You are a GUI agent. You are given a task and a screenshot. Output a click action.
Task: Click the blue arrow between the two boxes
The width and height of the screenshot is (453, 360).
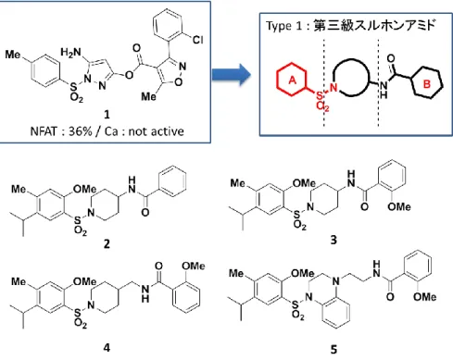click(x=232, y=74)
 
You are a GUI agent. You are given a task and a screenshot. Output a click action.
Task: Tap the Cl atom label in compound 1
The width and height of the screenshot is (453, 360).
click(x=197, y=40)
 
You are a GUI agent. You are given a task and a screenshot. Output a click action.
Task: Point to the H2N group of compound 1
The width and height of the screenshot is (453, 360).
click(x=70, y=53)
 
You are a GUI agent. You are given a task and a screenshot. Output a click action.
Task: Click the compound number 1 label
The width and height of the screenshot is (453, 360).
click(x=107, y=115)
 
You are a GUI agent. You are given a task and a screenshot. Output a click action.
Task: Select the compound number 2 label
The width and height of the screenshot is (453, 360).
click(x=107, y=244)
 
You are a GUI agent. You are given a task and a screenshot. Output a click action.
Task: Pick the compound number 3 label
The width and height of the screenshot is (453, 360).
click(x=333, y=240)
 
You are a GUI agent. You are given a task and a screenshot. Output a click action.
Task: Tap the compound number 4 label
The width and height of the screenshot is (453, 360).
click(x=107, y=348)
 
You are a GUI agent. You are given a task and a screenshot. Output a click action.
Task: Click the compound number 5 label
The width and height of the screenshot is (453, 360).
click(x=333, y=350)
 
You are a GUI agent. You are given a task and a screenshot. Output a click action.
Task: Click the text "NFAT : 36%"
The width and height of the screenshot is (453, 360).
click(x=61, y=131)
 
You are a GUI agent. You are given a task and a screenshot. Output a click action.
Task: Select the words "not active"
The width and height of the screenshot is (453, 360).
click(x=157, y=131)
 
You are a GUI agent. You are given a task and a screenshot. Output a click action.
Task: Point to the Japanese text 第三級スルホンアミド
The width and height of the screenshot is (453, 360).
click(x=374, y=25)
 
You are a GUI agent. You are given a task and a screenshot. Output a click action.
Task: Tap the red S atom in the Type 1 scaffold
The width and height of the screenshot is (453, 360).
click(x=320, y=95)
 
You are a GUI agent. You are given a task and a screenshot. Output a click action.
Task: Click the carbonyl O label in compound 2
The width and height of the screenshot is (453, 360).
click(x=145, y=212)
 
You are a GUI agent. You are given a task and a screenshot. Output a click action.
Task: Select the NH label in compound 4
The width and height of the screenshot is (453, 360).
click(x=145, y=293)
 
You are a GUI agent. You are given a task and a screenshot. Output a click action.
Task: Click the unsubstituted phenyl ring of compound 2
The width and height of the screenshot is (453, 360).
click(x=172, y=181)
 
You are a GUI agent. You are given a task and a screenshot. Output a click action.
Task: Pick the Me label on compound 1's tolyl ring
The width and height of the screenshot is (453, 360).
click(x=13, y=55)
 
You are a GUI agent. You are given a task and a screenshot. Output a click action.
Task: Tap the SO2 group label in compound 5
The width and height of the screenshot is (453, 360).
click(x=296, y=310)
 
